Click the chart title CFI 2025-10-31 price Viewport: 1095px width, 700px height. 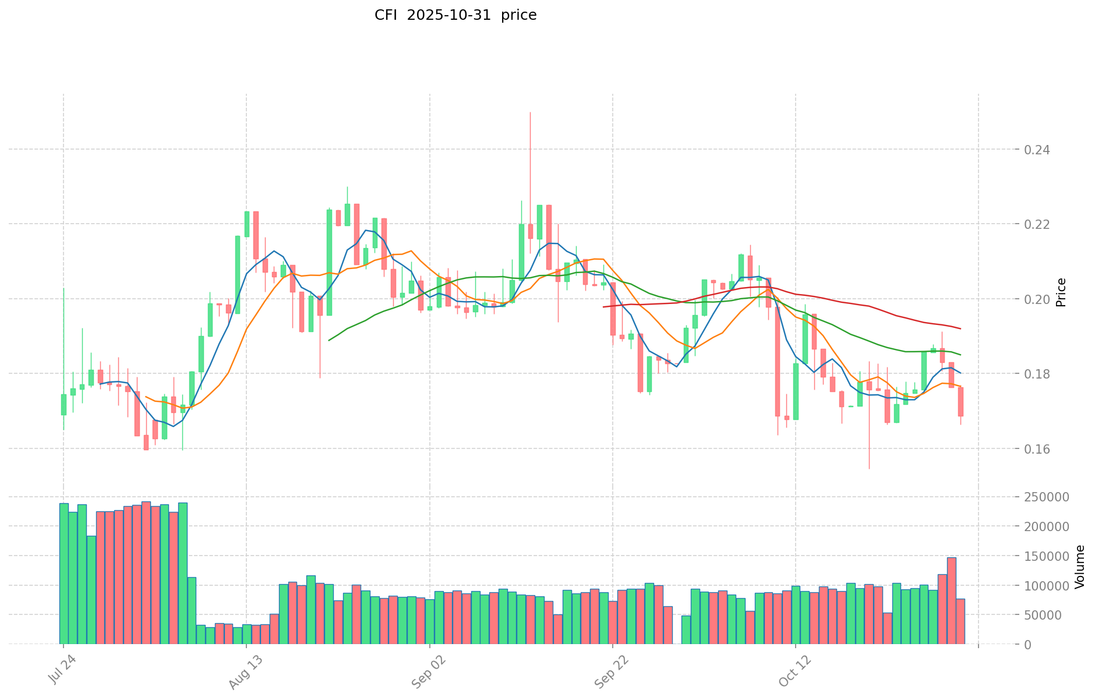click(x=455, y=15)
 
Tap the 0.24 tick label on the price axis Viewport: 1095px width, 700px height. click(x=1038, y=150)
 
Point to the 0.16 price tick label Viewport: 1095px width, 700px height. click(x=1038, y=448)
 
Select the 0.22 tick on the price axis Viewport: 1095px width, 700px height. click(x=1038, y=224)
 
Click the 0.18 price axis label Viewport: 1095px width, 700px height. click(x=1038, y=374)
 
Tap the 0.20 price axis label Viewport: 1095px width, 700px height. click(x=1038, y=299)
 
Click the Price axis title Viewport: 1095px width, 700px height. click(x=1061, y=292)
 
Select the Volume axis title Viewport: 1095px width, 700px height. click(x=1080, y=567)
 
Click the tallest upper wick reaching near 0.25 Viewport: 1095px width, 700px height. click(x=530, y=116)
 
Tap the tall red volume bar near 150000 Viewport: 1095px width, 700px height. click(x=951, y=600)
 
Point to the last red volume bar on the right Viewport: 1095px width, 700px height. click(x=960, y=621)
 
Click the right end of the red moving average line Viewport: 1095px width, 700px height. click(x=960, y=329)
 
